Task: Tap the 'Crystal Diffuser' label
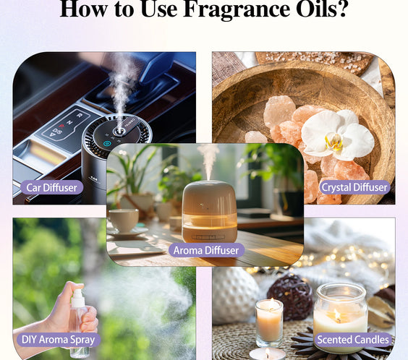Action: [354, 187]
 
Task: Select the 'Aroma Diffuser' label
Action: [208, 250]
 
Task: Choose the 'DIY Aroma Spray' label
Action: [56, 339]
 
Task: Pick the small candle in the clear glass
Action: [268, 322]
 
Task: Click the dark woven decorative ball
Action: [290, 296]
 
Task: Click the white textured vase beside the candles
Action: [236, 296]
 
